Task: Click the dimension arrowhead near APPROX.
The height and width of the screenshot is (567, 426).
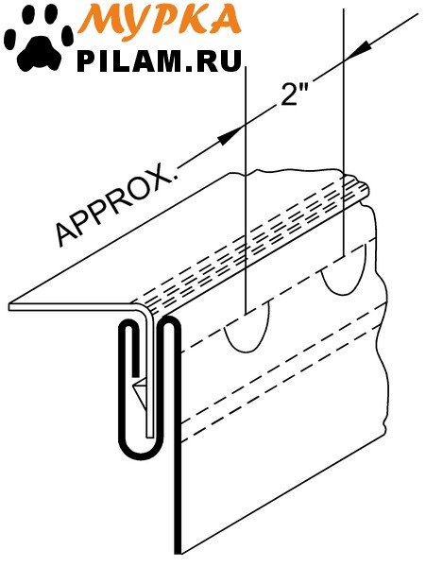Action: (230, 136)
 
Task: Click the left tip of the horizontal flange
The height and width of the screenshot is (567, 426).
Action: (10, 306)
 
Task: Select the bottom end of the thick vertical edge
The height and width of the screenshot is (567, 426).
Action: (177, 553)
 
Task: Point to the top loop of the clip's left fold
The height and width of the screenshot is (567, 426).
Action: (128, 324)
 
